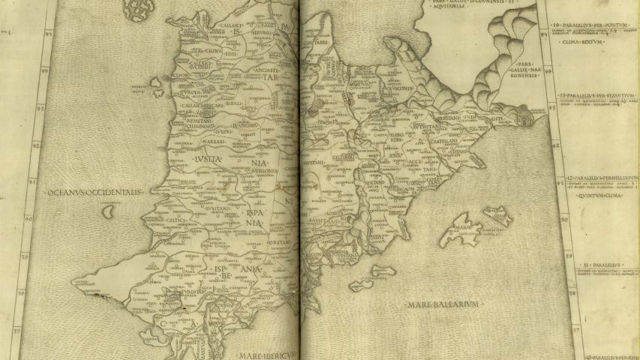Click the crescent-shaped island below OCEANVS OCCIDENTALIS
pyautogui.click(x=109, y=212)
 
